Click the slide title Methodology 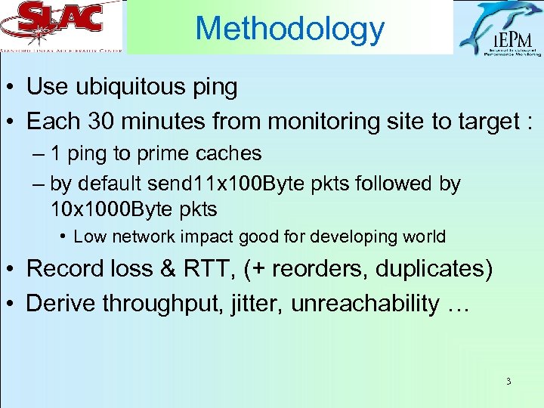pos(289,29)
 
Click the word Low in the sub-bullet pos(90,237)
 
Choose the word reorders pos(315,268)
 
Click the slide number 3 pos(508,382)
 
